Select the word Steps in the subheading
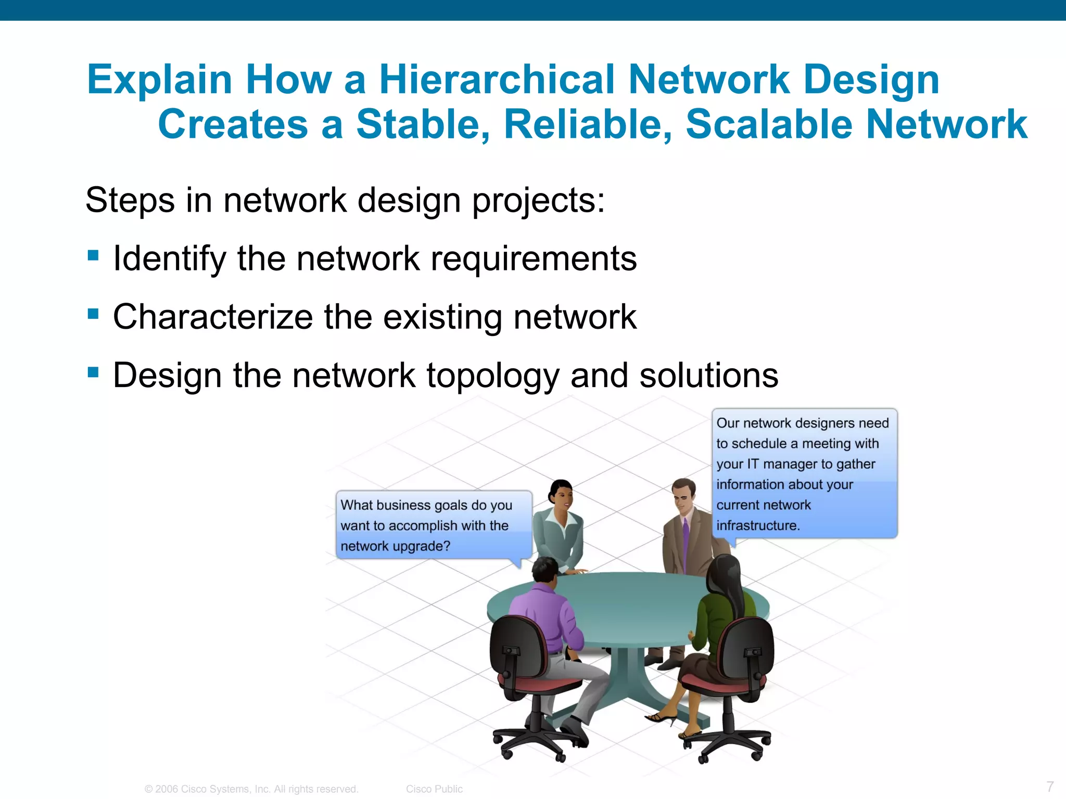coord(130,200)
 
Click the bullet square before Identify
coord(93,255)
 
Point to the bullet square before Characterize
coord(93,314)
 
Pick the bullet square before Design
coord(93,372)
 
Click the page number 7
coord(1050,786)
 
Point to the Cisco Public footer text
coord(434,789)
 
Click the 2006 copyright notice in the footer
coord(251,789)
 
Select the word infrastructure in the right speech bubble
coord(757,525)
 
